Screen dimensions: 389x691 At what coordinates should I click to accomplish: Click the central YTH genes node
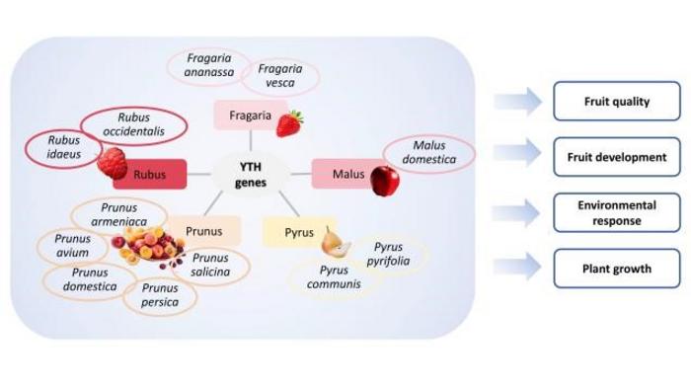pos(250,174)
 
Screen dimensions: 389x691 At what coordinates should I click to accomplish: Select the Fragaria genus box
pos(250,116)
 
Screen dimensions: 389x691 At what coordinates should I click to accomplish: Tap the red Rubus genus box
pos(149,176)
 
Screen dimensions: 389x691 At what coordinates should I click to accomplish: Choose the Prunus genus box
pos(203,232)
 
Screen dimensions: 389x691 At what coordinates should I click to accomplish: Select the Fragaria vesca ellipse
pos(281,76)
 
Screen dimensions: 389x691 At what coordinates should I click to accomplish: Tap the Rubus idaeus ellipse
pos(63,147)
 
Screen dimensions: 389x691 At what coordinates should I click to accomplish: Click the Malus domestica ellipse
pos(429,153)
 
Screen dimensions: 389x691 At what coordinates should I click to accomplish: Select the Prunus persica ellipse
pos(160,295)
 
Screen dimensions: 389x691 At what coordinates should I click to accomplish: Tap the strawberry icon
pos(289,123)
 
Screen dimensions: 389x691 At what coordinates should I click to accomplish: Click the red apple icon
pos(384,181)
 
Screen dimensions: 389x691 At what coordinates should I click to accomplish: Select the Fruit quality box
pos(616,101)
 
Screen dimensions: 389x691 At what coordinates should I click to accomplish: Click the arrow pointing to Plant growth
pos(517,268)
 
